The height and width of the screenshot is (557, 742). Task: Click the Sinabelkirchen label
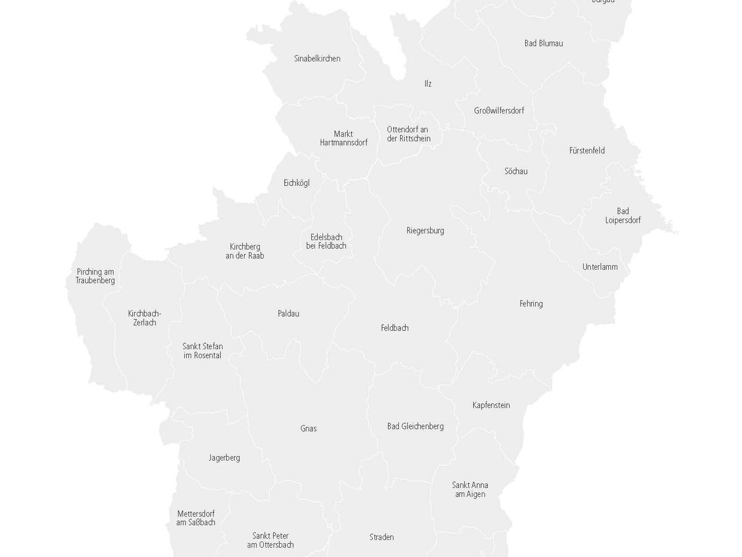point(317,59)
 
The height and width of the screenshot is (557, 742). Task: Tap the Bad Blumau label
point(543,44)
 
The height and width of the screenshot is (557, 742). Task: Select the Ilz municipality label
point(428,84)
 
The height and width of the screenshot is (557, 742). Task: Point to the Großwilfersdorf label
point(499,111)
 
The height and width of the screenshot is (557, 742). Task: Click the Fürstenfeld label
point(587,151)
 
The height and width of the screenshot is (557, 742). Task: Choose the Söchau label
point(516,172)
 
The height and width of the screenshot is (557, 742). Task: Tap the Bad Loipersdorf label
point(623,216)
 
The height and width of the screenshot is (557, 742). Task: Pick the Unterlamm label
point(600,267)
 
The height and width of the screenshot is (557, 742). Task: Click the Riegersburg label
point(425,231)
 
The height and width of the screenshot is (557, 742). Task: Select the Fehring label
point(531,304)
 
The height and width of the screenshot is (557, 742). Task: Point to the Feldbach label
point(394,328)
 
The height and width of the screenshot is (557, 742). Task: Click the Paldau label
point(288,314)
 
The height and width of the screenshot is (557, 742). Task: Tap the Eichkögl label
point(296,183)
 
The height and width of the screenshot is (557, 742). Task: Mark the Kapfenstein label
point(491,406)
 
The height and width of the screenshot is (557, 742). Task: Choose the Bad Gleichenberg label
point(415,426)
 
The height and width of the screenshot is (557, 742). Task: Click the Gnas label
point(308,429)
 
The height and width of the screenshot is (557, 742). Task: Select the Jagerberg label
point(224,458)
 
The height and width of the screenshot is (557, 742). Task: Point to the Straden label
point(381,537)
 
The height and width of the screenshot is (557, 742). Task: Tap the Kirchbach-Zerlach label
point(144,319)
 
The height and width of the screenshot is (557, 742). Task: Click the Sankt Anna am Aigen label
point(470,490)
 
